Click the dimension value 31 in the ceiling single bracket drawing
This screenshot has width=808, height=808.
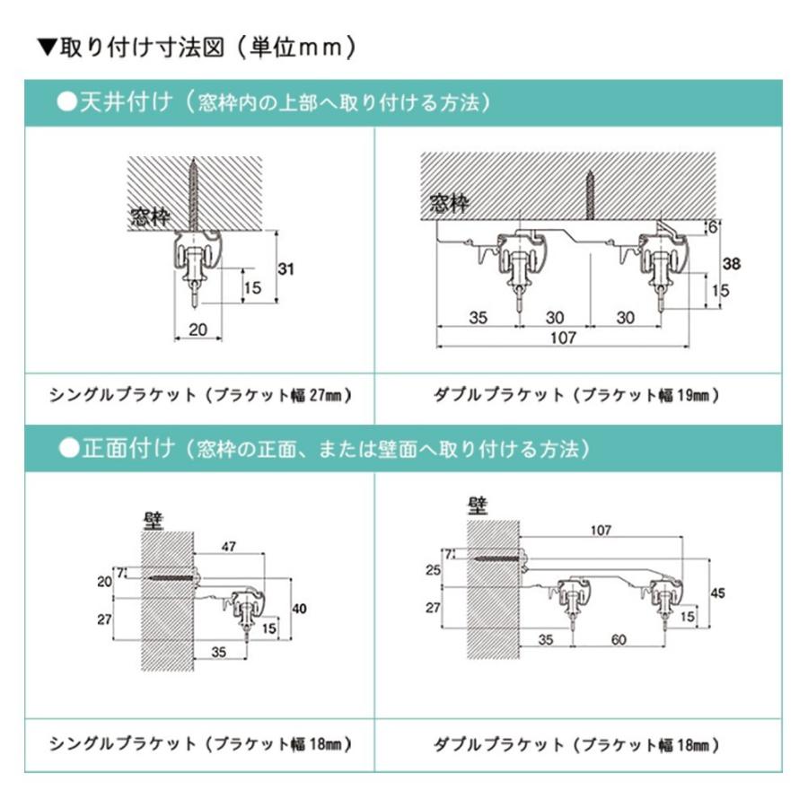(x=286, y=269)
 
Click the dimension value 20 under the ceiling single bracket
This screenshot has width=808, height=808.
(x=198, y=329)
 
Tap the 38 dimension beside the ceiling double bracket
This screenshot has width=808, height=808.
(x=731, y=264)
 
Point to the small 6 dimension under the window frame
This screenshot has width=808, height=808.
(x=713, y=227)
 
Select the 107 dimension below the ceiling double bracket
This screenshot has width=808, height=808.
(x=563, y=338)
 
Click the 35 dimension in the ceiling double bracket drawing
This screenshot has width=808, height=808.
(x=478, y=318)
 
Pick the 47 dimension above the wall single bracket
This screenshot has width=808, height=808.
(x=229, y=546)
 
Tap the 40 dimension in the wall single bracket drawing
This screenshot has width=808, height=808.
(x=299, y=609)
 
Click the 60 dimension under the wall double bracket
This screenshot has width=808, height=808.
(x=619, y=639)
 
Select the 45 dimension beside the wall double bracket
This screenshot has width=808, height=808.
(x=717, y=593)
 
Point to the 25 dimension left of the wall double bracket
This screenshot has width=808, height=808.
(x=433, y=570)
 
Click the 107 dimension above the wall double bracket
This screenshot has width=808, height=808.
(x=601, y=530)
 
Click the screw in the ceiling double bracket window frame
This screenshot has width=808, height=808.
(x=590, y=195)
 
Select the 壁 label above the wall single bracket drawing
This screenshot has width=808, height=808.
(x=154, y=521)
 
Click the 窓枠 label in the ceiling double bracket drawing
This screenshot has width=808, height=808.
(x=450, y=203)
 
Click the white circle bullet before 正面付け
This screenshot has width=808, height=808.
(x=68, y=448)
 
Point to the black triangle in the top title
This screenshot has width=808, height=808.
(x=47, y=48)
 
